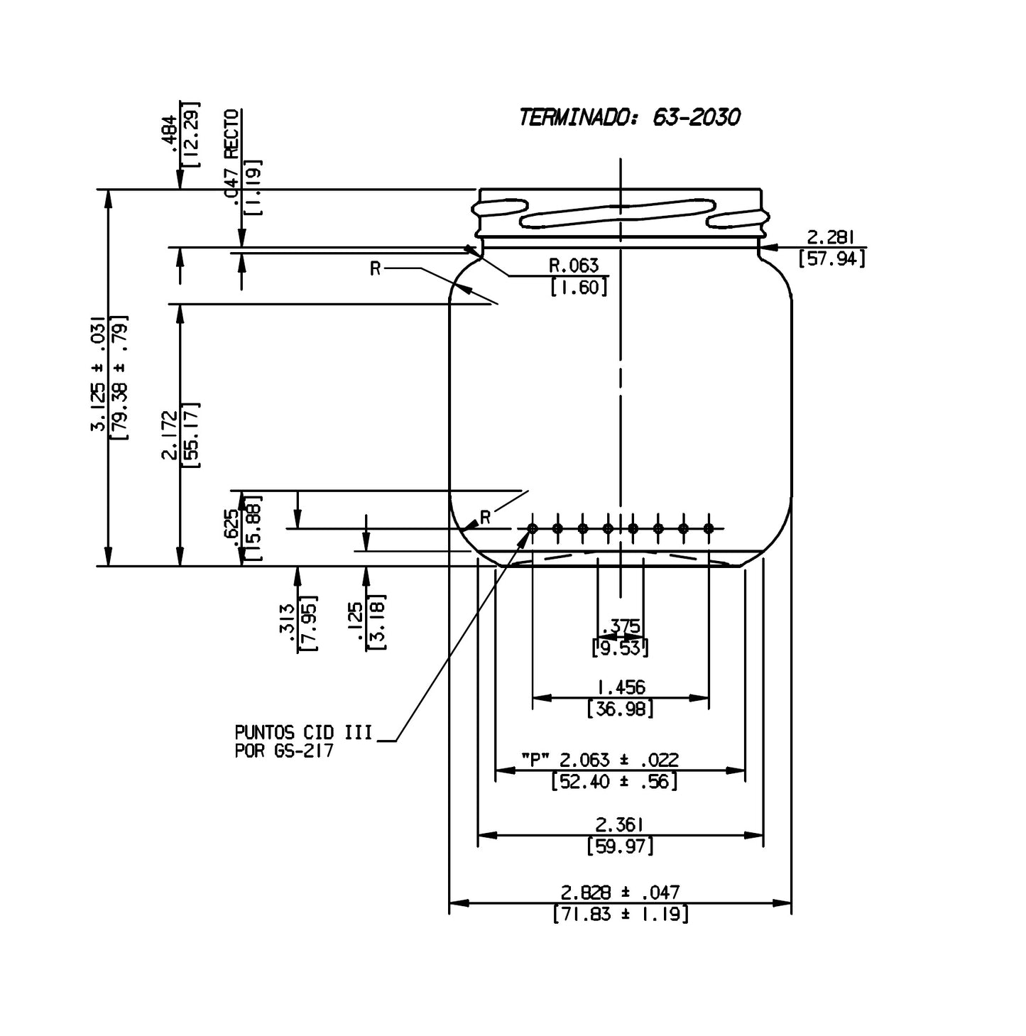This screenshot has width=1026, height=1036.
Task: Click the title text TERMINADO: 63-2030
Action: tap(628, 117)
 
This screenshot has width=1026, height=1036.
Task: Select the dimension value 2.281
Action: tap(831, 237)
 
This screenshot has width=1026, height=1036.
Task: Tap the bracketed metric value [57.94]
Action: tap(831, 258)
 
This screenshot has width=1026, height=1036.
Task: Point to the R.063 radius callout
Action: tap(574, 266)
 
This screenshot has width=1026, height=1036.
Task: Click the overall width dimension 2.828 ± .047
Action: tap(620, 892)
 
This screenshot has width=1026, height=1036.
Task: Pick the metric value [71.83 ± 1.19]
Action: tap(620, 914)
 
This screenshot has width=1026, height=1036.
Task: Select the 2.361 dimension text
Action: tap(620, 824)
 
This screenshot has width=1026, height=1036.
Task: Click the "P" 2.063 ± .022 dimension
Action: tap(599, 760)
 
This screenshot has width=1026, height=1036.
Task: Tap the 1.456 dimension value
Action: tap(620, 687)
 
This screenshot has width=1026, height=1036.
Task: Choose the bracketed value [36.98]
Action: tap(620, 709)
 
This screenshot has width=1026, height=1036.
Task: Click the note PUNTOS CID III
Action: tap(303, 732)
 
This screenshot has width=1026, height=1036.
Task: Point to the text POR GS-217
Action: tap(284, 751)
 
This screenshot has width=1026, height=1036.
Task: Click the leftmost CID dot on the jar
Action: tap(533, 528)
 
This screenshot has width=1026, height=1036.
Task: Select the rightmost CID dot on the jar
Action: tap(708, 528)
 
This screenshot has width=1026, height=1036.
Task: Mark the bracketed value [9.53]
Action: tap(620, 648)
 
